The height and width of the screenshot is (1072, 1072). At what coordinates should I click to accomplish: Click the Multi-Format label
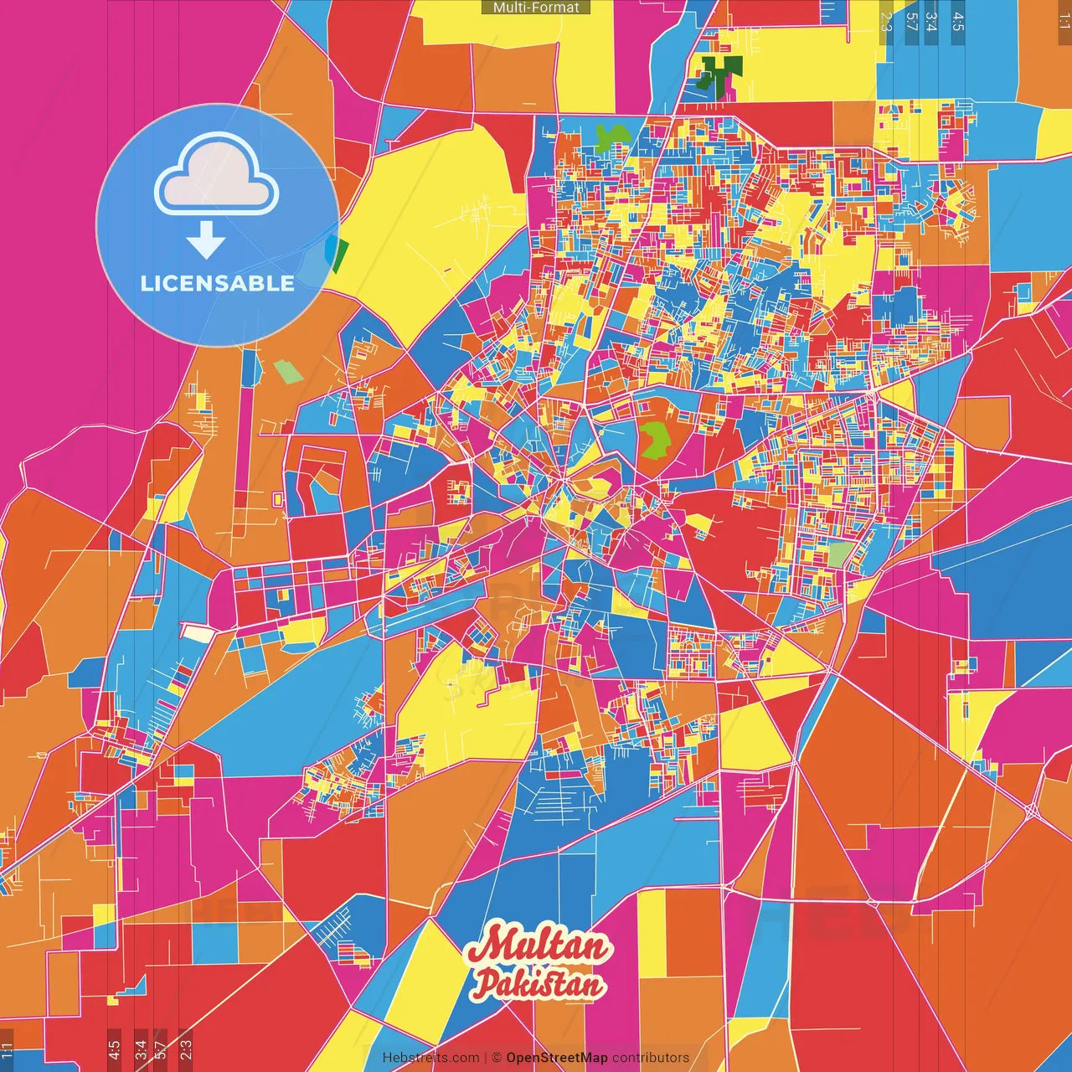pyautogui.click(x=536, y=8)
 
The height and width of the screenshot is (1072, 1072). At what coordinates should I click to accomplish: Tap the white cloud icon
pyautogui.click(x=217, y=177)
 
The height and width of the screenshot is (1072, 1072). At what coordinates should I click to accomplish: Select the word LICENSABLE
pyautogui.click(x=218, y=283)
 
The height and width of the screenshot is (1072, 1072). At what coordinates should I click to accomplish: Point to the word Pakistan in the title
pyautogui.click(x=538, y=984)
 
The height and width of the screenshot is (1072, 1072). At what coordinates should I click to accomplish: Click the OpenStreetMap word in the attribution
pyautogui.click(x=557, y=1058)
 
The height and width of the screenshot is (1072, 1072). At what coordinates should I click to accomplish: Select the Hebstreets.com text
pyautogui.click(x=430, y=1058)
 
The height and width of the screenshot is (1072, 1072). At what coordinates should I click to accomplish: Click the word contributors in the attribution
pyautogui.click(x=651, y=1058)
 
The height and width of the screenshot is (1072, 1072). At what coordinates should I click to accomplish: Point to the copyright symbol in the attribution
pyautogui.click(x=497, y=1058)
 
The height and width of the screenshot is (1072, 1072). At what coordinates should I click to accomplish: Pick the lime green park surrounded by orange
pyautogui.click(x=657, y=438)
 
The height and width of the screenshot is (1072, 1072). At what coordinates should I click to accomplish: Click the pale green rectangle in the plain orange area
pyautogui.click(x=289, y=371)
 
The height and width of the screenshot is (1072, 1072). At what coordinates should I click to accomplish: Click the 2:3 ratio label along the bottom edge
pyautogui.click(x=185, y=1047)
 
